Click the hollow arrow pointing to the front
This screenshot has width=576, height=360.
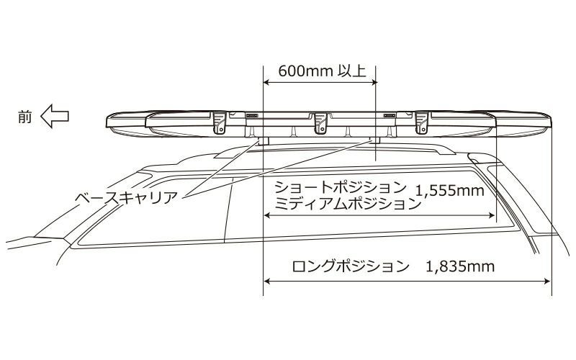(x=55, y=115)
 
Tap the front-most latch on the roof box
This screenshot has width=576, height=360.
(x=220, y=122)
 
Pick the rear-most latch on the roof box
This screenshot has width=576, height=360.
(x=421, y=122)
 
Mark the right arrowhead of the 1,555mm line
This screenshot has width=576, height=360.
(x=492, y=215)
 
